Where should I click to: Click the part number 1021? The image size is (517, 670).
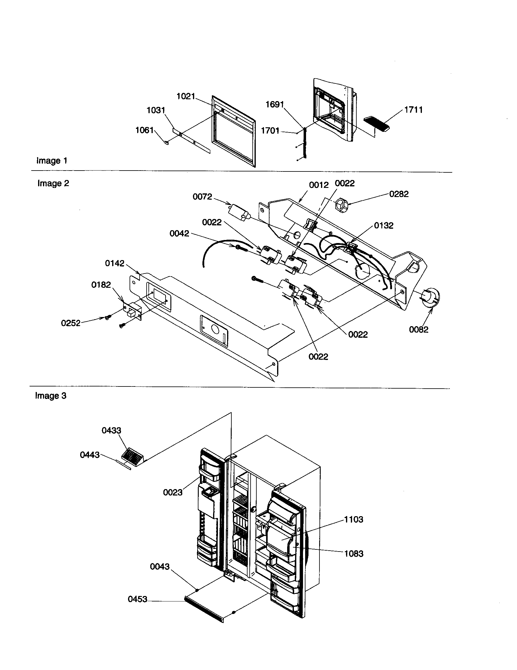[x=186, y=96]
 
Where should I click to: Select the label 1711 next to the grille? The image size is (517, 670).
[x=413, y=110]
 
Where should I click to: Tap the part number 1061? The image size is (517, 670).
[x=144, y=130]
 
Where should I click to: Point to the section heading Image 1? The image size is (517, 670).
[x=52, y=161]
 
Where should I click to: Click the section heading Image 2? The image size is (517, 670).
[x=53, y=183]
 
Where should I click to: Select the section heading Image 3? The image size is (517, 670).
[x=51, y=396]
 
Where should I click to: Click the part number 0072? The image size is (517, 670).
[x=202, y=197]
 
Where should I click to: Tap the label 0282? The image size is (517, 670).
[x=398, y=194]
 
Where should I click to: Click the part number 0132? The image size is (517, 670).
[x=383, y=226]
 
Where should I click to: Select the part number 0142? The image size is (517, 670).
[x=115, y=263]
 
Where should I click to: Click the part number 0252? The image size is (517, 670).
[x=71, y=323]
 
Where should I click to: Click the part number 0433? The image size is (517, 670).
[x=111, y=430]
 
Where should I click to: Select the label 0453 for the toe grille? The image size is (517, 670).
[x=137, y=599]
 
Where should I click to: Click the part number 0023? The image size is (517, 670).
[x=173, y=492]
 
